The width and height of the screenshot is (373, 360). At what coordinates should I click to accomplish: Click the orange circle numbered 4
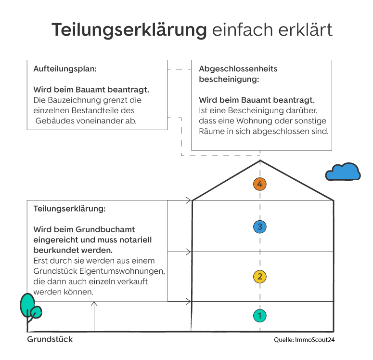click(x=260, y=184)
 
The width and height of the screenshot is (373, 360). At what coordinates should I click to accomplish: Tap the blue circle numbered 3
click(x=260, y=227)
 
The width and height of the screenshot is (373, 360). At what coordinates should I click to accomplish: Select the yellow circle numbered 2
click(x=260, y=277)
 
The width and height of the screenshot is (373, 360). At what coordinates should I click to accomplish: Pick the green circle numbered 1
click(x=260, y=316)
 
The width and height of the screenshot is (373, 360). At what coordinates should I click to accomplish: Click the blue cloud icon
click(x=343, y=172)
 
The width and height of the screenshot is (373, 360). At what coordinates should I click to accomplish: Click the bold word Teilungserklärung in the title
click(x=129, y=30)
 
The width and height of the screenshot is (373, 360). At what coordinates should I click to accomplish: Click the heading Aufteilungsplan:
click(x=65, y=69)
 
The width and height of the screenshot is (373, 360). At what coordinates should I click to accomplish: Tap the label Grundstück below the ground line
click(x=50, y=339)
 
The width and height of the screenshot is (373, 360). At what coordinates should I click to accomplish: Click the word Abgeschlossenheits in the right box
click(x=238, y=69)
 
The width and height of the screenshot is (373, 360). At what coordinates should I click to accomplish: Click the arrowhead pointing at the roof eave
click(x=190, y=200)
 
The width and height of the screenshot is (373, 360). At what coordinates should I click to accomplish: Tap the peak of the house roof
click(x=260, y=161)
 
